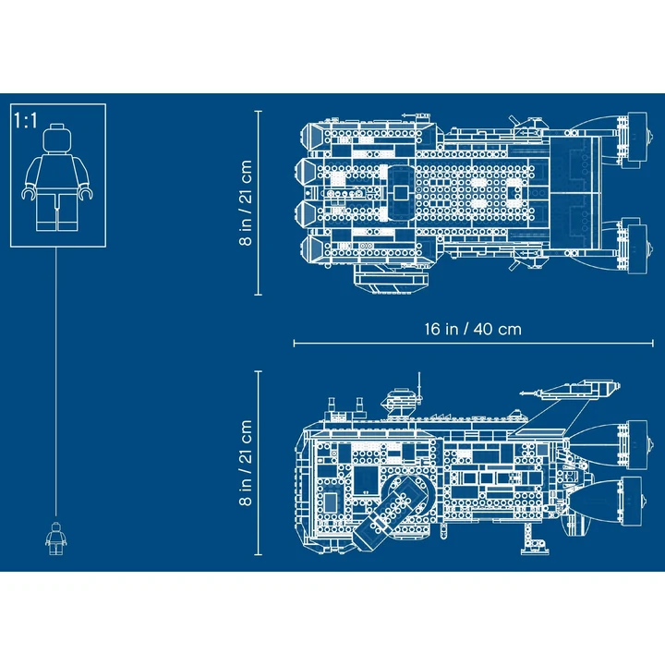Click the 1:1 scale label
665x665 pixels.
click(x=26, y=120)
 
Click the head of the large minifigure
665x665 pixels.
click(x=57, y=139)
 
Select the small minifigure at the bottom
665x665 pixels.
click(x=56, y=538)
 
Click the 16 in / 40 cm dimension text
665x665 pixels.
click(x=473, y=329)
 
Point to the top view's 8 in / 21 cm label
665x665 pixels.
click(x=246, y=202)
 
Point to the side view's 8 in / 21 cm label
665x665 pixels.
click(x=246, y=463)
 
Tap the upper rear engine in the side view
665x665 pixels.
click(x=637, y=445)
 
